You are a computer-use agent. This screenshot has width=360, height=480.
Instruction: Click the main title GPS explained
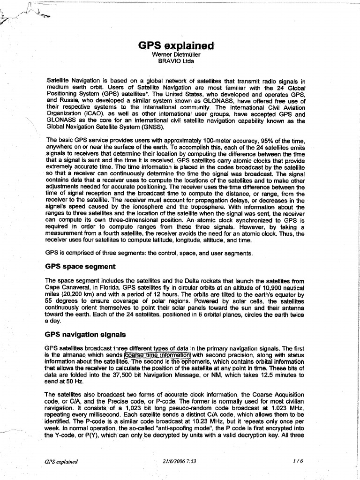click(x=176, y=45)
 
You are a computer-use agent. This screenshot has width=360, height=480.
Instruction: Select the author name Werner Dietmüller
click(x=176, y=54)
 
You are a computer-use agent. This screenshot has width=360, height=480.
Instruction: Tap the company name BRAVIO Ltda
click(x=176, y=60)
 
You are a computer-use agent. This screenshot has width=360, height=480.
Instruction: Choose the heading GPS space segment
click(x=80, y=266)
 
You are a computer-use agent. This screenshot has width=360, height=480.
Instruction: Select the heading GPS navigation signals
click(x=85, y=335)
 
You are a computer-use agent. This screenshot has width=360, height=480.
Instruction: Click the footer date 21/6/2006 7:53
click(x=177, y=461)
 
